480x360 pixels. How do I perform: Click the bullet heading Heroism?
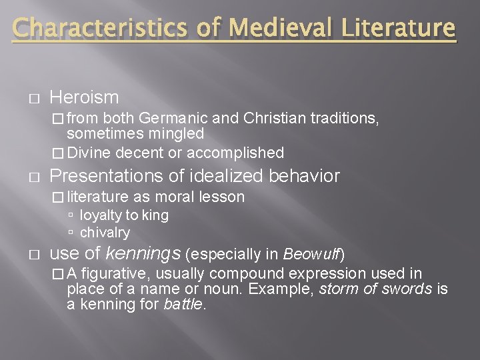tap(84, 97)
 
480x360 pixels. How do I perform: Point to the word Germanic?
tap(174, 119)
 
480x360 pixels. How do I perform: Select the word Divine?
tap(89, 153)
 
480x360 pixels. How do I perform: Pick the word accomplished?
tap(235, 153)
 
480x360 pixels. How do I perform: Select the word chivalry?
tap(105, 233)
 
